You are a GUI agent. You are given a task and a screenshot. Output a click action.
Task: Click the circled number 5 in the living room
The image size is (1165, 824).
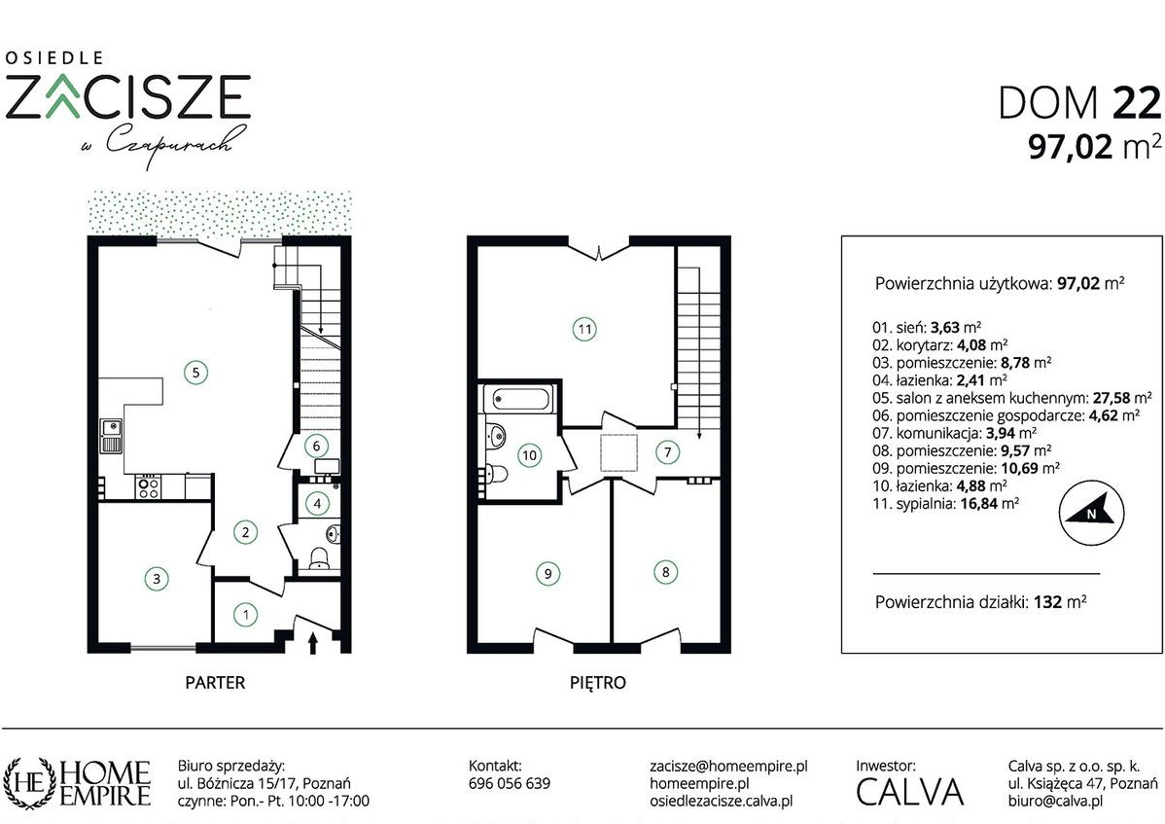click(196, 372)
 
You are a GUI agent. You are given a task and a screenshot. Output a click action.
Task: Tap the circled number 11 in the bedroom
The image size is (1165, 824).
click(584, 329)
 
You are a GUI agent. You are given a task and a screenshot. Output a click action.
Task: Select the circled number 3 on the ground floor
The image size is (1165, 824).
click(156, 578)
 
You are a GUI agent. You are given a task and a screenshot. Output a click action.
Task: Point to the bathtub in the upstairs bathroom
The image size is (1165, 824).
click(518, 399)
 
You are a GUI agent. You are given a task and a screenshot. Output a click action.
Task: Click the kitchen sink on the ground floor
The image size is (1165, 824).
click(112, 437)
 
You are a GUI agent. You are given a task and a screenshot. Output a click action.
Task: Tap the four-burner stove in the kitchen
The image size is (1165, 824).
click(148, 486)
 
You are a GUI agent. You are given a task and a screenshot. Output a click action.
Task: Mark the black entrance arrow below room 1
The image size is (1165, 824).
click(312, 643)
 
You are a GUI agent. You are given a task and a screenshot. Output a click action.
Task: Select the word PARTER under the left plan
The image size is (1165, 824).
click(215, 682)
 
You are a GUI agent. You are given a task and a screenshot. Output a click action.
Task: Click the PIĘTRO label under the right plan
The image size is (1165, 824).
click(598, 682)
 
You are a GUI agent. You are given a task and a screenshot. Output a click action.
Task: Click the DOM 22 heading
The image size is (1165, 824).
click(1079, 102)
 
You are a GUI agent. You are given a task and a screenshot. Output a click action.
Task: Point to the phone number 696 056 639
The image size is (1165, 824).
click(510, 783)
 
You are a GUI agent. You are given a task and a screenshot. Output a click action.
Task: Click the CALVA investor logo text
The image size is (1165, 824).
click(910, 792)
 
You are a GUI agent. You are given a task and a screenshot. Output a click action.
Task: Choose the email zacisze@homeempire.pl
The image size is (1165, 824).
click(728, 766)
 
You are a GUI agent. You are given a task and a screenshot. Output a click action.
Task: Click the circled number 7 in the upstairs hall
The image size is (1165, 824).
click(667, 451)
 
